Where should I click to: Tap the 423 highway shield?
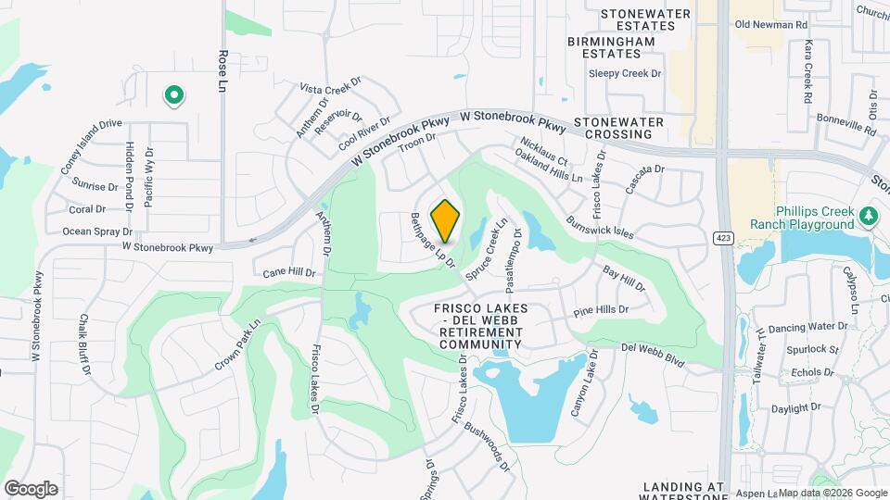point(724,238)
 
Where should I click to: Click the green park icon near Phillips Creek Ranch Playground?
point(868,216)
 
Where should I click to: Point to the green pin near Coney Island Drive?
point(172,94)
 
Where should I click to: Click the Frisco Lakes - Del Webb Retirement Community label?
point(481,325)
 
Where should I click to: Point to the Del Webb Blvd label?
point(653,355)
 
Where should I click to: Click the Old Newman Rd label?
point(771,24)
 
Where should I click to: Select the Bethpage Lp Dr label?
point(432,241)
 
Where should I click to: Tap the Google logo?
point(31,488)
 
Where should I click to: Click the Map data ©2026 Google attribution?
point(832,493)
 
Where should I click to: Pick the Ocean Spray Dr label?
point(98,231)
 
